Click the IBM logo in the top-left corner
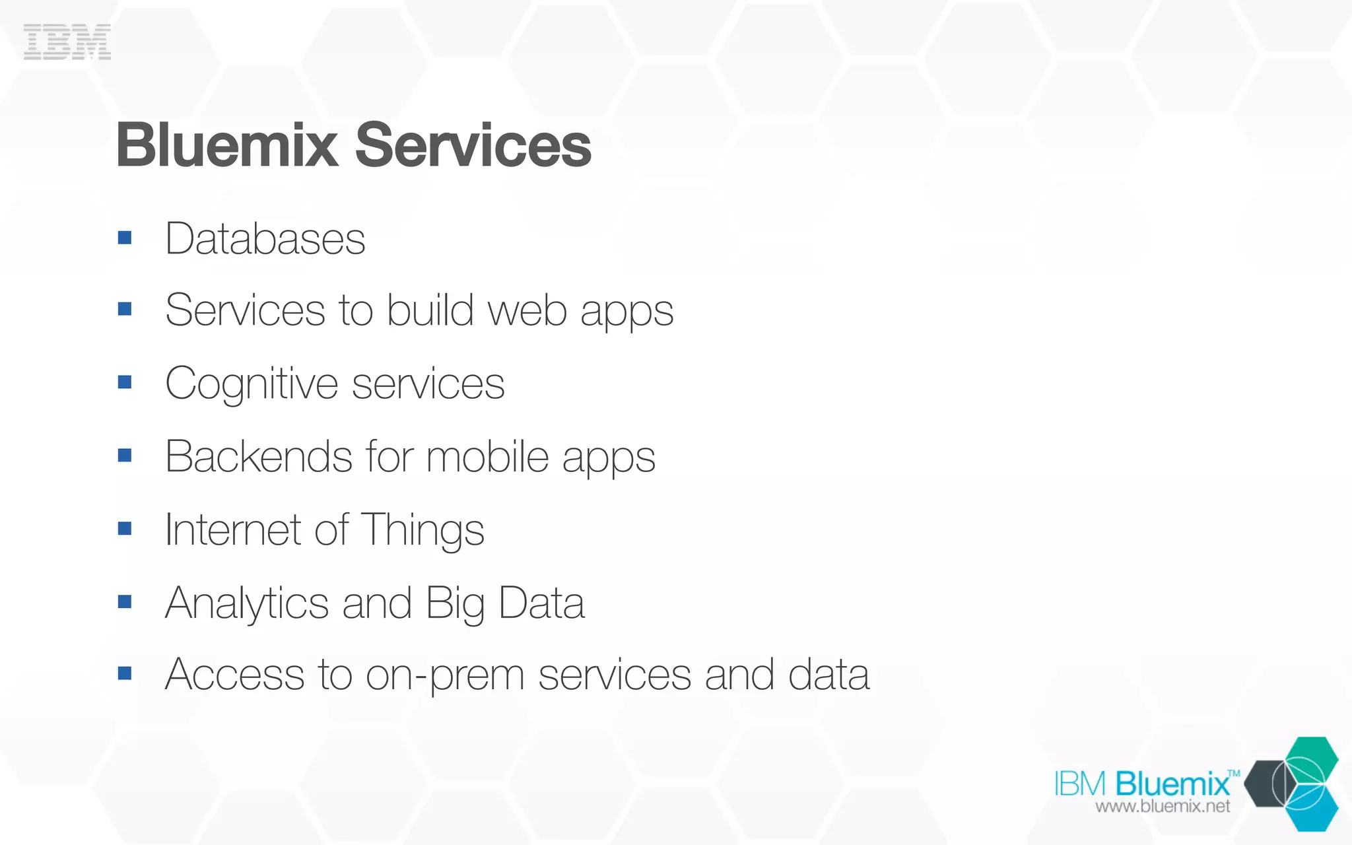click(x=67, y=42)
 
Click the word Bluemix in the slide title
click(x=227, y=146)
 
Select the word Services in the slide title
click(x=473, y=146)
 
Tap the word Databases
click(x=265, y=239)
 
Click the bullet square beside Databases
click(x=125, y=238)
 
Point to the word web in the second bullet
click(x=527, y=310)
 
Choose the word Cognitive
click(x=252, y=384)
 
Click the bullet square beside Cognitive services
click(x=125, y=382)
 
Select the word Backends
click(x=259, y=457)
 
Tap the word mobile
click(x=487, y=457)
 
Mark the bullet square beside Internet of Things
click(x=125, y=529)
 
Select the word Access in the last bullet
click(x=234, y=675)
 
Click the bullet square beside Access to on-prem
click(x=125, y=673)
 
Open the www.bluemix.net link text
click(x=1163, y=806)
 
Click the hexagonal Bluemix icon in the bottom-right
click(x=1292, y=784)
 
